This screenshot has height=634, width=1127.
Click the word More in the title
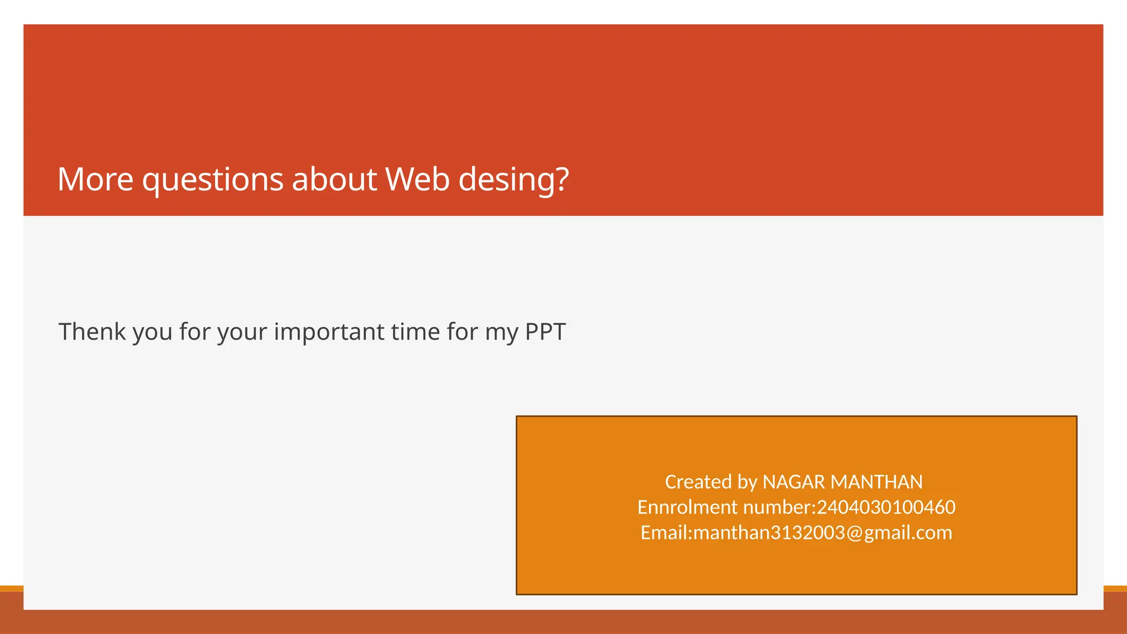(x=95, y=179)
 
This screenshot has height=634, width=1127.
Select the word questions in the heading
(x=212, y=181)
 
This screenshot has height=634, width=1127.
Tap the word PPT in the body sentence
(x=545, y=332)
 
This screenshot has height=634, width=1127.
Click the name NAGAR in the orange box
(x=794, y=482)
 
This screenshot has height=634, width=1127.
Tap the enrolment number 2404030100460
(x=886, y=507)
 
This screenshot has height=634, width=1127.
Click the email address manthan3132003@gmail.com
(x=823, y=533)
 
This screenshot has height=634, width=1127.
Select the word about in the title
(x=334, y=179)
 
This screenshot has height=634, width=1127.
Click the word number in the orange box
(x=777, y=507)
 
